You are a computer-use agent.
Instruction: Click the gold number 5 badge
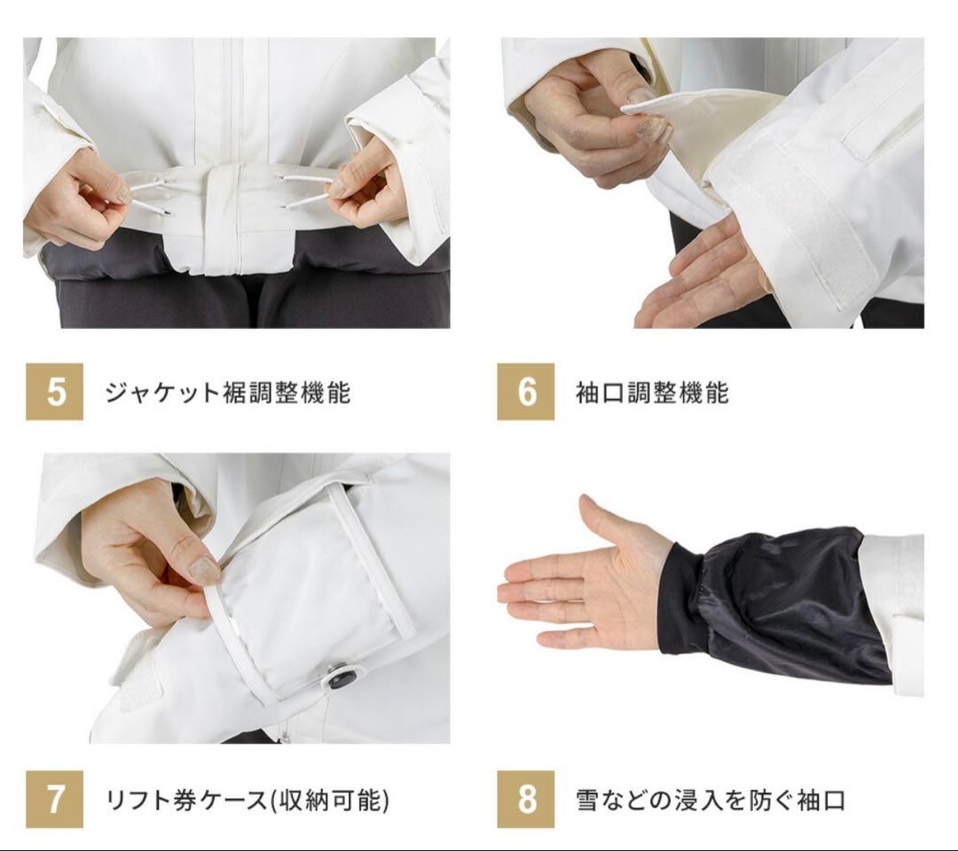(54, 391)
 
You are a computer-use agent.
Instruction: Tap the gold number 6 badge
(525, 391)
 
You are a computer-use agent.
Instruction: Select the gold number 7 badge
(54, 799)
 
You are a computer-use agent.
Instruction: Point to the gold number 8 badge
(525, 799)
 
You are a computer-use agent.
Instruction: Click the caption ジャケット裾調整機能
(228, 392)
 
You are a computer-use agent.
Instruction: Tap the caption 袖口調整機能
(652, 392)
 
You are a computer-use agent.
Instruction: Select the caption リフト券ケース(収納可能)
(247, 800)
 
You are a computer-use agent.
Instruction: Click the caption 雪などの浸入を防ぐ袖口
(711, 800)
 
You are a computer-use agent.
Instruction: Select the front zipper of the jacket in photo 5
(232, 98)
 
